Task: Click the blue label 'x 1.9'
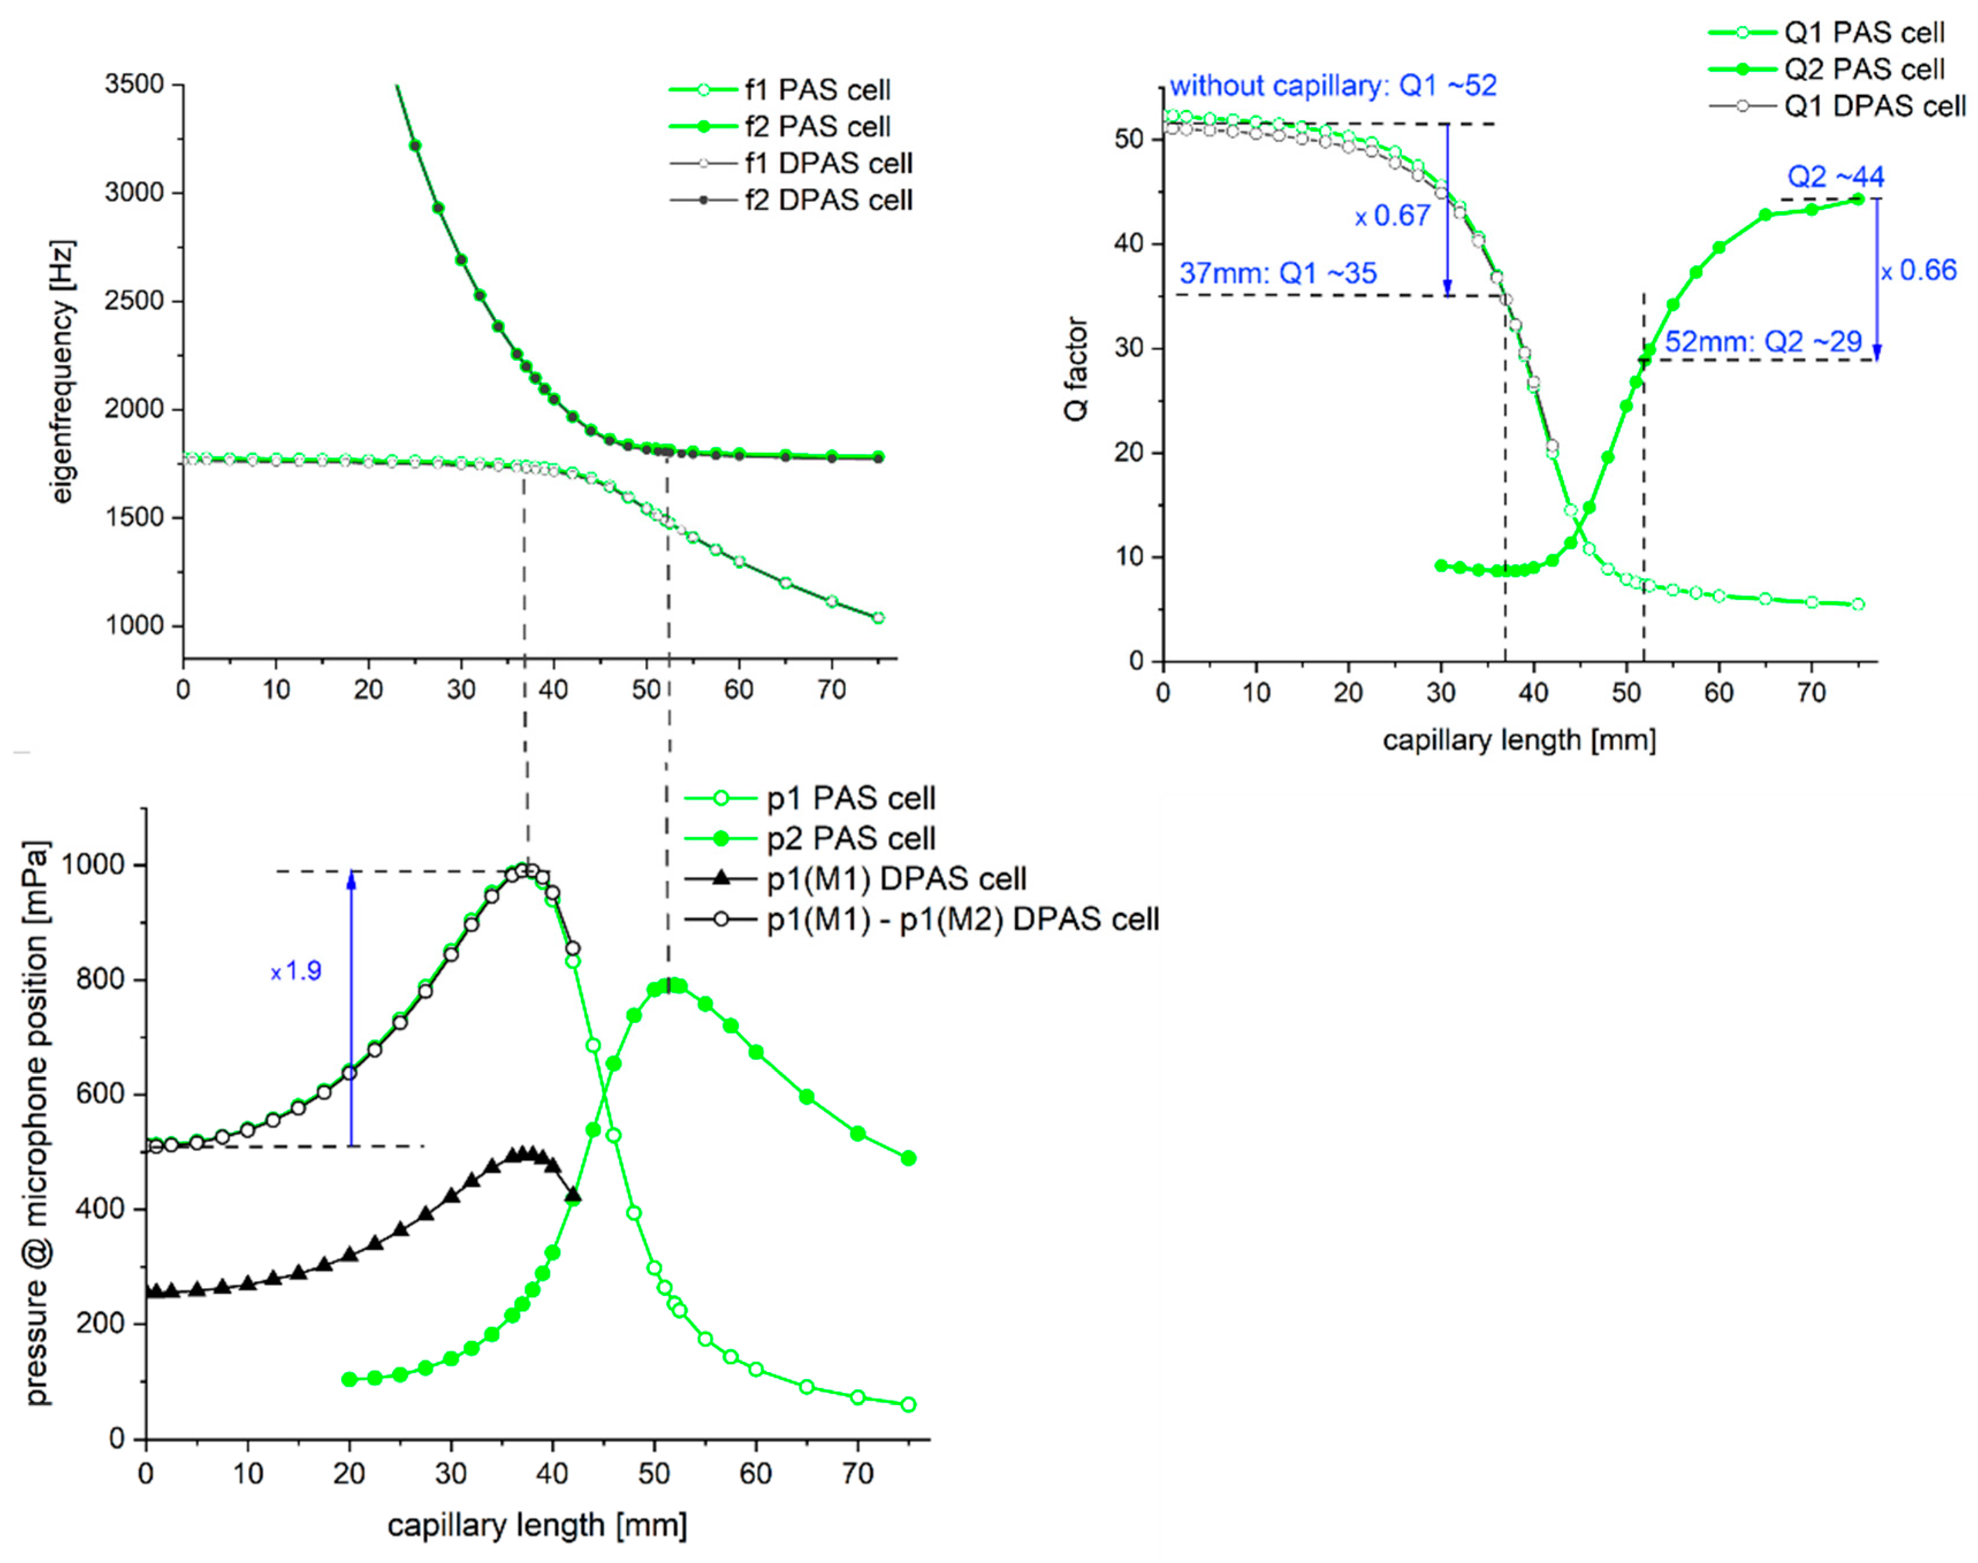point(296,971)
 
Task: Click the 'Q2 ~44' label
point(1835,177)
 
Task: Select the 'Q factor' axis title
point(1076,369)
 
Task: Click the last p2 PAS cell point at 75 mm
point(908,1159)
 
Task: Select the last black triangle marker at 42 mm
point(574,1195)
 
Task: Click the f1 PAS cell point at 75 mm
point(878,618)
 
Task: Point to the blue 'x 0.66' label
point(1919,271)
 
